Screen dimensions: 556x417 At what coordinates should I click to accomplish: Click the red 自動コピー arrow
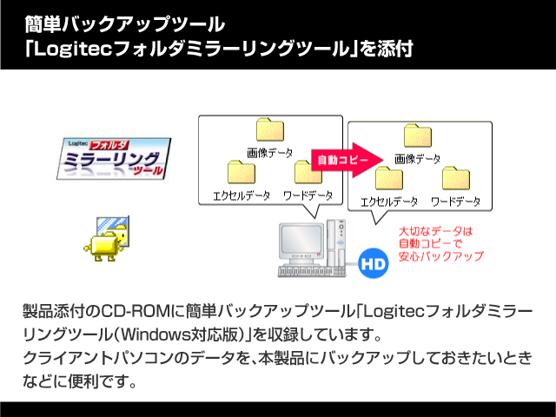[346, 160]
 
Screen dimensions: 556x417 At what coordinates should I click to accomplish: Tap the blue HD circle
[374, 263]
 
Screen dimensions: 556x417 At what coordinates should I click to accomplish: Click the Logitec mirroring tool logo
[114, 158]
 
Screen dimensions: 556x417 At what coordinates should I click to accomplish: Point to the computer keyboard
[311, 271]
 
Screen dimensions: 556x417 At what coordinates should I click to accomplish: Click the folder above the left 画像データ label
[270, 129]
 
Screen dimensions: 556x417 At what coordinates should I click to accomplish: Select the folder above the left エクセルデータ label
[242, 172]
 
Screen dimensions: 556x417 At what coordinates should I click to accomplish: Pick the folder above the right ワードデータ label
[456, 178]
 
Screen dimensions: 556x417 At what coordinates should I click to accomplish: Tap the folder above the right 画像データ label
[418, 136]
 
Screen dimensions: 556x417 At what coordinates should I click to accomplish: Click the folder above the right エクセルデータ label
[389, 178]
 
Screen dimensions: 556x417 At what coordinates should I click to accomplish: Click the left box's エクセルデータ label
[242, 195]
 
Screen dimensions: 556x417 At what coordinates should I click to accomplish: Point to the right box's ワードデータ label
[455, 202]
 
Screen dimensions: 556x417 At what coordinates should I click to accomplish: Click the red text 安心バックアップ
[441, 256]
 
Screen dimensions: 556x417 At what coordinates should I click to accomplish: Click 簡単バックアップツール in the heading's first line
[124, 24]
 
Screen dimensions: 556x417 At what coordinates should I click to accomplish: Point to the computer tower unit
[336, 243]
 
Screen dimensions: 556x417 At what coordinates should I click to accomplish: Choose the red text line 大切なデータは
[436, 232]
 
